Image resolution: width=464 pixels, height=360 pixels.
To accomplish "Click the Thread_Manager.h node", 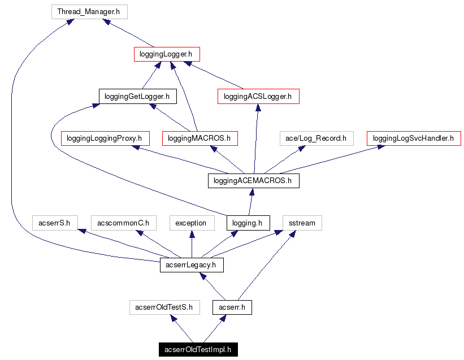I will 89,11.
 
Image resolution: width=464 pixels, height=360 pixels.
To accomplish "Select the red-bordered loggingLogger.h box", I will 167,54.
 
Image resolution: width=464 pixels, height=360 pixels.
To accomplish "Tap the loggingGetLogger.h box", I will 137,97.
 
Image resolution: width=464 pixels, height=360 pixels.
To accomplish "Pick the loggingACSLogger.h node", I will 258,97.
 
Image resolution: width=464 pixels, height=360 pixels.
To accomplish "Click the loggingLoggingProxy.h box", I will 105,138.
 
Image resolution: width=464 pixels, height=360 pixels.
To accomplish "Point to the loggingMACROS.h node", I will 200,138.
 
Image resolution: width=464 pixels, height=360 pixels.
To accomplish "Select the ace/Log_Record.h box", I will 316,138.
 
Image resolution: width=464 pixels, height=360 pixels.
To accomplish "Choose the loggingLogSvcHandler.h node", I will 413,138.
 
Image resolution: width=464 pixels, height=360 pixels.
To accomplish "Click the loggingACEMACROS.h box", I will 253,181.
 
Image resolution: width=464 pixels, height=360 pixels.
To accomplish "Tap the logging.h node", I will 248,223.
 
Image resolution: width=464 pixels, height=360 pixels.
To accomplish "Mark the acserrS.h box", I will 55,223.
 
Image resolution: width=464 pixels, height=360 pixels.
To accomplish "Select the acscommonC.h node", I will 123,223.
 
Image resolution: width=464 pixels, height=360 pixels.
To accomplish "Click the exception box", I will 191,223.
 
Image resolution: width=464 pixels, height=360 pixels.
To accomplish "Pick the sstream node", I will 302,223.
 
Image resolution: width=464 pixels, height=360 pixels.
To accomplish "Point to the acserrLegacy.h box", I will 192,265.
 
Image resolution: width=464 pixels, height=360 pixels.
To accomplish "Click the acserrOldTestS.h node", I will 164,307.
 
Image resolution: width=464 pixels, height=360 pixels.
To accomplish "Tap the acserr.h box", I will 232,307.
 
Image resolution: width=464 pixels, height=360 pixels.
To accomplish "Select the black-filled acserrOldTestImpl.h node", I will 198,350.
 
